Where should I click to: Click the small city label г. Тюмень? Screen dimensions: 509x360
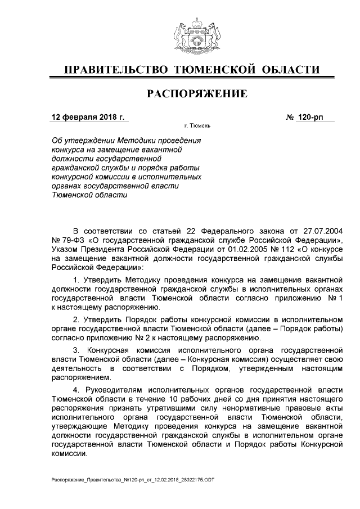click(197, 127)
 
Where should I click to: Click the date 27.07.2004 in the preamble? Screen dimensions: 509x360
click(322, 231)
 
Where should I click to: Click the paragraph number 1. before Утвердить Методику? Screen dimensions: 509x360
click(77, 280)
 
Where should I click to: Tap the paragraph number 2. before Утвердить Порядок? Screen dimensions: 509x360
click(77, 319)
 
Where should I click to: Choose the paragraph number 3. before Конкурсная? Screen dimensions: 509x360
click(77, 350)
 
